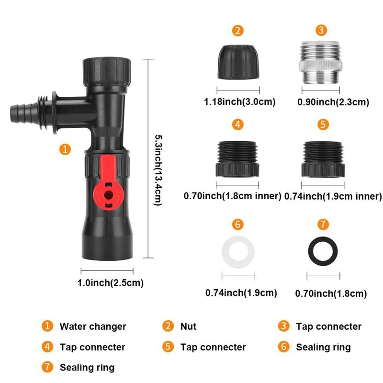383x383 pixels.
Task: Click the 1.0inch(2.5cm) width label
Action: pyautogui.click(x=111, y=283)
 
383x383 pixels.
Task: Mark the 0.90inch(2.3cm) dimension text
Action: pyautogui.click(x=333, y=101)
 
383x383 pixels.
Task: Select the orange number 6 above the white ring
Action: pyautogui.click(x=238, y=224)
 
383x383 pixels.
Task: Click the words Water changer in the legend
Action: pyautogui.click(x=93, y=327)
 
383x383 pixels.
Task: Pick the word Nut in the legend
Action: pyautogui.click(x=188, y=327)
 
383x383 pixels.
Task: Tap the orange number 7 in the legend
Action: pyautogui.click(x=47, y=368)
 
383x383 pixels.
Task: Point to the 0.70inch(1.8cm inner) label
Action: pyautogui.click(x=232, y=196)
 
